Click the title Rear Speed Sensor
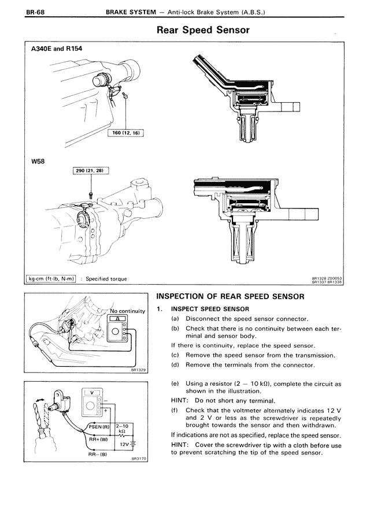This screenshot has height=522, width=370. pos(203,30)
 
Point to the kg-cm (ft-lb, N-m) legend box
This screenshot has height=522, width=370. pos(52,279)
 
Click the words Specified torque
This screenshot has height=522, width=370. pos(106,279)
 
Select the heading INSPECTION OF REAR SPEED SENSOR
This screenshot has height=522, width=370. pos(230,297)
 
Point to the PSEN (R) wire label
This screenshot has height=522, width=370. pos(101,427)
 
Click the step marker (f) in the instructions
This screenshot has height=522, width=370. pos(175,410)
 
